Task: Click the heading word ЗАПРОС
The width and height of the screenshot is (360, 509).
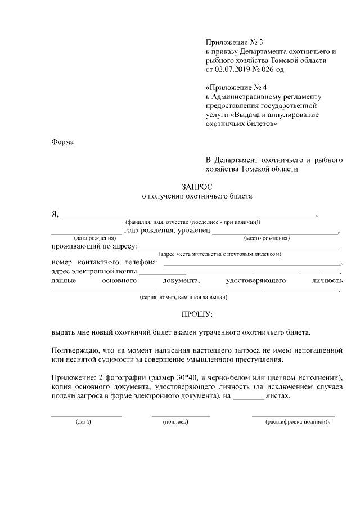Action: point(197,186)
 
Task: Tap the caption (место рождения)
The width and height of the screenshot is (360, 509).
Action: point(267,238)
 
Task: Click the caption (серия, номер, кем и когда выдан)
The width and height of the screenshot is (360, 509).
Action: point(183,297)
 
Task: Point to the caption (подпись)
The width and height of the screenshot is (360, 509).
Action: point(175,421)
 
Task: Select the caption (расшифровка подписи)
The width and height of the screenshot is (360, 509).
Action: point(297,421)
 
